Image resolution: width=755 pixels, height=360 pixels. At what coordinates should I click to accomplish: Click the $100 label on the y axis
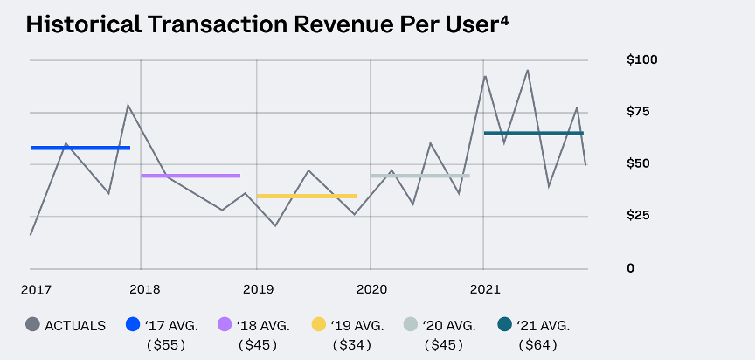point(642,59)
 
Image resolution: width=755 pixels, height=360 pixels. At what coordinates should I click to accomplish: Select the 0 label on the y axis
point(631,267)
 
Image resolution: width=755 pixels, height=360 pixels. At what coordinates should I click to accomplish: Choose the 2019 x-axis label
point(258,288)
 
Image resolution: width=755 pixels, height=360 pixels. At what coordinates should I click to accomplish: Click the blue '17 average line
point(80,148)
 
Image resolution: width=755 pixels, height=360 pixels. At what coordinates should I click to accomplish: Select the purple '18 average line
point(190,176)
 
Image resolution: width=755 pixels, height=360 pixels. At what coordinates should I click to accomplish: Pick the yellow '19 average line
point(306,196)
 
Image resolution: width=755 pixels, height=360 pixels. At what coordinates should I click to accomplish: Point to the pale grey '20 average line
point(420,176)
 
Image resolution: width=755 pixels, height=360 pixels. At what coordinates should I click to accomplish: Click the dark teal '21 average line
point(533,134)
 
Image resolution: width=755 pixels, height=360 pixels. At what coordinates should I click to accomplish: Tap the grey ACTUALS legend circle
point(33,325)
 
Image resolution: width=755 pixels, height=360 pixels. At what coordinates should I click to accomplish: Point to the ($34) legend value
point(353,344)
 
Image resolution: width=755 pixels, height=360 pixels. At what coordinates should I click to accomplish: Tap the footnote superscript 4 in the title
point(504,17)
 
